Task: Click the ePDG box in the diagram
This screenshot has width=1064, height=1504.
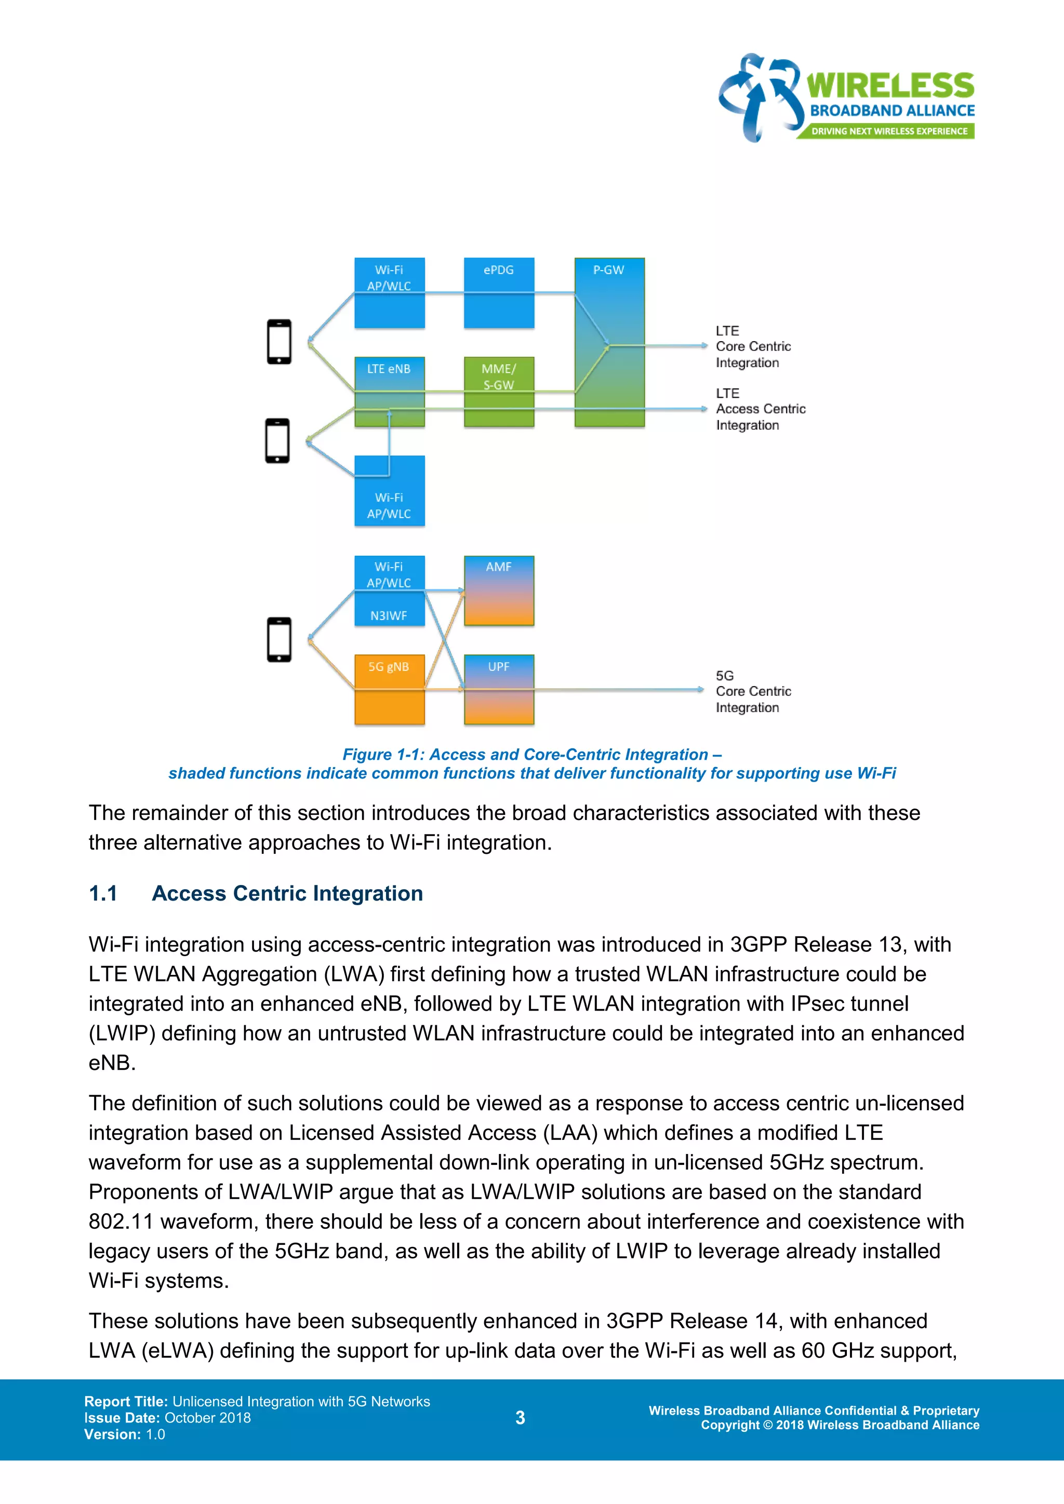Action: tap(499, 293)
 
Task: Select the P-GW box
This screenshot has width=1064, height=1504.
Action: tap(609, 342)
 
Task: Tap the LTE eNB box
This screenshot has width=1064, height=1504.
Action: tap(389, 391)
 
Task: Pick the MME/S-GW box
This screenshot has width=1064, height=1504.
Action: tap(499, 391)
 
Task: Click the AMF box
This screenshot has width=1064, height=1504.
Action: tap(499, 590)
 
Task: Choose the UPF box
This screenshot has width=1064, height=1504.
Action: tap(499, 689)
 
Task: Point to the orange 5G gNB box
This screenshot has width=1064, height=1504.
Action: tap(389, 689)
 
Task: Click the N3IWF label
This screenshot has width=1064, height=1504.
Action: tap(389, 615)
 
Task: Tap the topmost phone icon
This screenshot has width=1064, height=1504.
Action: tap(279, 341)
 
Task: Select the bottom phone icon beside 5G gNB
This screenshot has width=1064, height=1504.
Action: tap(279, 639)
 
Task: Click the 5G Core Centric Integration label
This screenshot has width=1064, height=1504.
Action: tap(753, 691)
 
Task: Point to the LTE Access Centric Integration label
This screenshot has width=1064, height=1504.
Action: tap(760, 409)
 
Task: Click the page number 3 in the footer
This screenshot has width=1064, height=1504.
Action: tap(520, 1418)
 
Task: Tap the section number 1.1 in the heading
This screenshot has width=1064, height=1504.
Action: tap(103, 893)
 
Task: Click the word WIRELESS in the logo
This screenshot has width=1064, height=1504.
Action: tap(890, 86)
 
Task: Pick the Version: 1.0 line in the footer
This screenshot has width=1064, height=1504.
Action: tap(125, 1434)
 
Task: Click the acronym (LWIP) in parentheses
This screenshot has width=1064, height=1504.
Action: tap(122, 1033)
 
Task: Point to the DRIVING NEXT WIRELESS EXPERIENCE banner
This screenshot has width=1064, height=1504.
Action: tap(888, 131)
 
